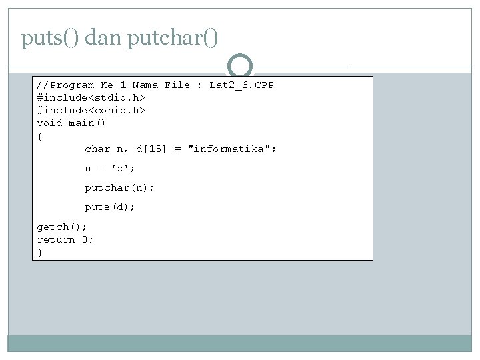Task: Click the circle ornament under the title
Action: pos(240,66)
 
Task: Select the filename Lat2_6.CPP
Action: pos(241,85)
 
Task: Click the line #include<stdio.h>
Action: pos(91,98)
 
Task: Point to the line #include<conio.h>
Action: pos(91,111)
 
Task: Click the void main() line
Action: pos(71,123)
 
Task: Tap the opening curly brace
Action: pos(39,136)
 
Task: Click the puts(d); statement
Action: pos(110,207)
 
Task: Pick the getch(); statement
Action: pos(62,227)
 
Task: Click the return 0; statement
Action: pos(65,240)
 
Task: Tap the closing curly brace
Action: pos(39,253)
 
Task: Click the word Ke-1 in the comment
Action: pos(113,85)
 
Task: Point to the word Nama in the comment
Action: pos(145,85)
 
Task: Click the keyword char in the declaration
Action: pos(97,149)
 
